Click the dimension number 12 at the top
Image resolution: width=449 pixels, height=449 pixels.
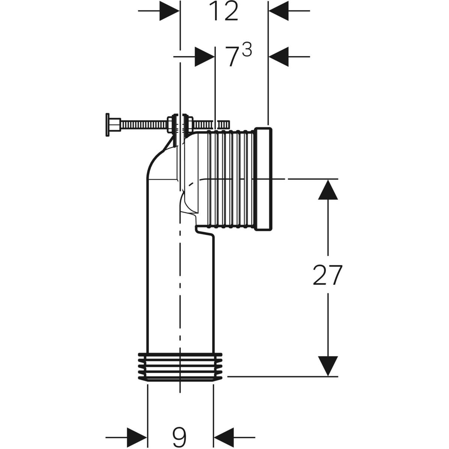click(224, 11)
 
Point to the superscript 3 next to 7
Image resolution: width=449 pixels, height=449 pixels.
click(247, 51)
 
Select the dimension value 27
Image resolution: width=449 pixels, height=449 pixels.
click(327, 275)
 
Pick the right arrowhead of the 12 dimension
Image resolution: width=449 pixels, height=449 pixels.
click(279, 11)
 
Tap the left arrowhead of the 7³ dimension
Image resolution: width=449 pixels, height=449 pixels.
click(205, 56)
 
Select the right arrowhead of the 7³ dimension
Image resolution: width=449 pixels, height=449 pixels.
click(279, 56)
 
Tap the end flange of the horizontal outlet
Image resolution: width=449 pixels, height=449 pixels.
click(263, 179)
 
